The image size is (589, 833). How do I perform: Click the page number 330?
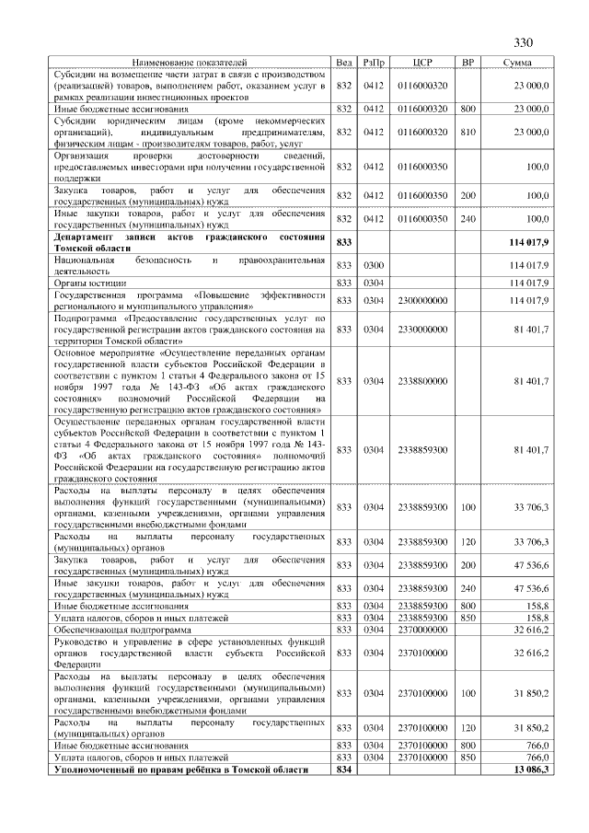pos(524,43)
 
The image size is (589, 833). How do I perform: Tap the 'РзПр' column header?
pos(374,62)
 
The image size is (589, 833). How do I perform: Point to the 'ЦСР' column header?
pos(422,62)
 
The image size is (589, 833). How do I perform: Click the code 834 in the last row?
pos(345,769)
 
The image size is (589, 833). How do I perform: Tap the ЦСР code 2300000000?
pos(422,299)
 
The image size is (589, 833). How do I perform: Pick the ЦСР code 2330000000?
pos(422,328)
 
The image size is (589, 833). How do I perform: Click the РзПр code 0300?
pos(374,265)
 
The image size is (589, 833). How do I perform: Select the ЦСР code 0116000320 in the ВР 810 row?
pos(422,132)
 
